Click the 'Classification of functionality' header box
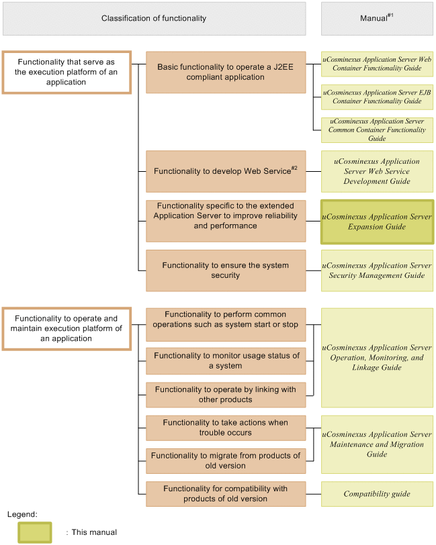(154, 18)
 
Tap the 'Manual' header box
(376, 18)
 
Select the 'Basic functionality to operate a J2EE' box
(226, 72)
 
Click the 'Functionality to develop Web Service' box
(226, 171)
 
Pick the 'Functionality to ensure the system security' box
(226, 270)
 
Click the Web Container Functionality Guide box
(376, 64)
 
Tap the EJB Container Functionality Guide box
(376, 97)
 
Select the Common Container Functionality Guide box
(376, 130)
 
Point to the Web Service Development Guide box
(376, 171)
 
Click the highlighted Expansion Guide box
(376, 221)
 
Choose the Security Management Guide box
(376, 270)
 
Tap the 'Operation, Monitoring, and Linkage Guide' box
(376, 358)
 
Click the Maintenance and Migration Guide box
(376, 444)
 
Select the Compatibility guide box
(376, 494)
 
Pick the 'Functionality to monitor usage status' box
(226, 361)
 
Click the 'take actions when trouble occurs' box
(226, 428)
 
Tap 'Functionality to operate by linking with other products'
(226, 395)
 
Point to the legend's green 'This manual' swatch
(35, 532)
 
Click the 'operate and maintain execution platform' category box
(67, 329)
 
